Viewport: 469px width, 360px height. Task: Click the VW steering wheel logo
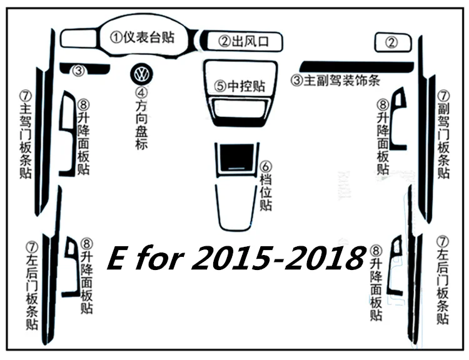pyautogui.click(x=141, y=74)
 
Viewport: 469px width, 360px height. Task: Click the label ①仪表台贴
pyautogui.click(x=142, y=37)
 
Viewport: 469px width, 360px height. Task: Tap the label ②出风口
pyautogui.click(x=243, y=41)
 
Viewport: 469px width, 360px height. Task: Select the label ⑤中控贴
pyautogui.click(x=240, y=86)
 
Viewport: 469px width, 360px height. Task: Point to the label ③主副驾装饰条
pyautogui.click(x=336, y=80)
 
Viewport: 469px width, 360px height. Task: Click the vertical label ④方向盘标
pyautogui.click(x=141, y=118)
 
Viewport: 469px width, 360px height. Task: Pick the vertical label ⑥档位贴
pyautogui.click(x=266, y=186)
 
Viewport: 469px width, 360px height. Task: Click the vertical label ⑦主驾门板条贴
pyautogui.click(x=26, y=135)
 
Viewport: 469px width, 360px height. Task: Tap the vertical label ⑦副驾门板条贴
pyautogui.click(x=443, y=134)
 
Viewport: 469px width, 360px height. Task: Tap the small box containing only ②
pyautogui.click(x=393, y=42)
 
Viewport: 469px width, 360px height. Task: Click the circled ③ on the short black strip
pyautogui.click(x=79, y=71)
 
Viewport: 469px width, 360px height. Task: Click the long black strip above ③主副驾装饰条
pyautogui.click(x=357, y=67)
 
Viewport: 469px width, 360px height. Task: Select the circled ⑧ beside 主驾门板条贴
pyautogui.click(x=83, y=105)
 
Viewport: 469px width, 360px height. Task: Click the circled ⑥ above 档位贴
pyautogui.click(x=266, y=167)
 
